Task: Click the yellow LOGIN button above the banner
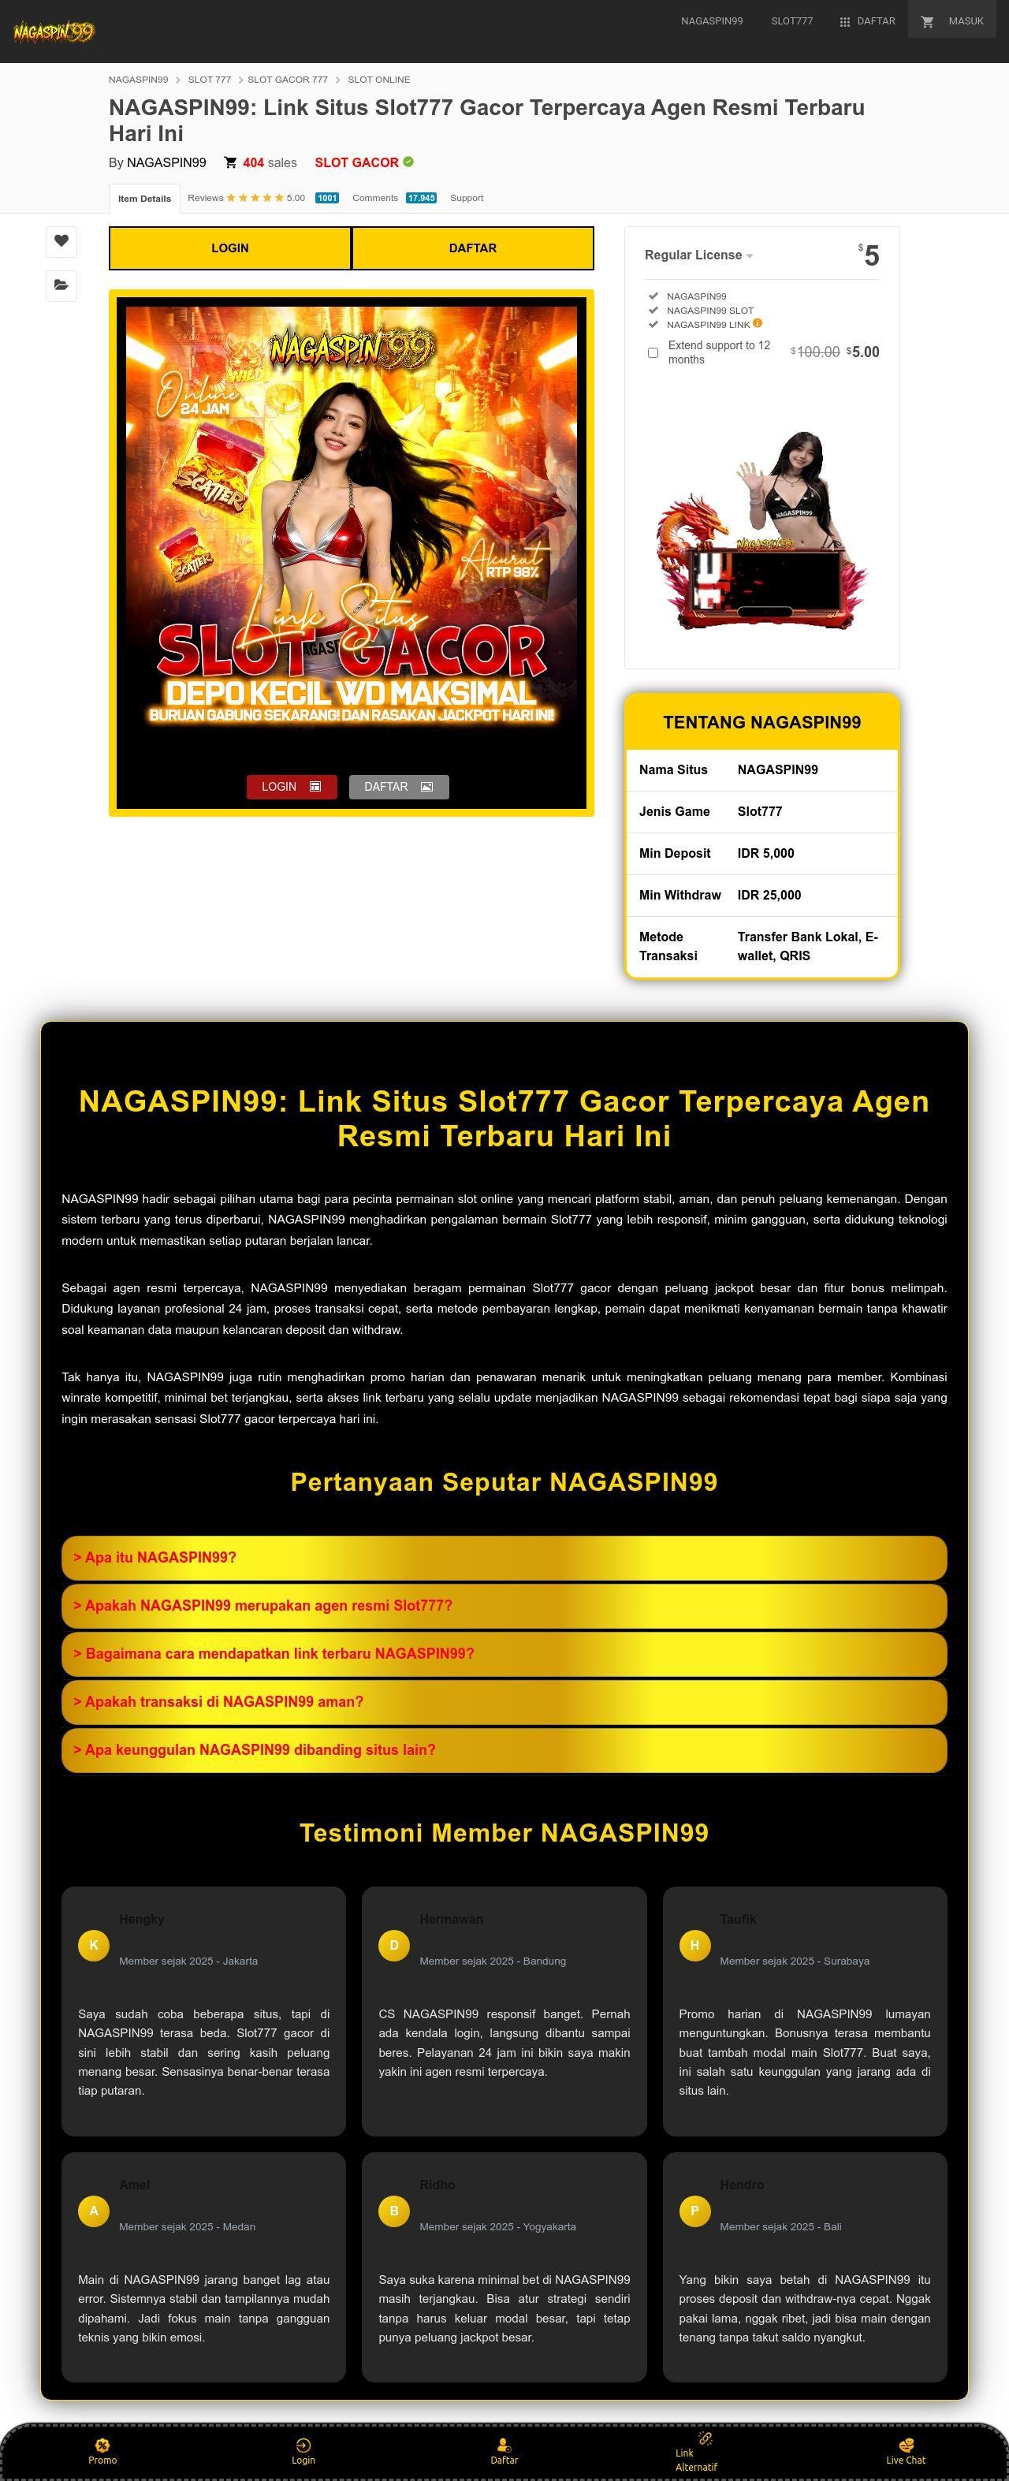tap(230, 248)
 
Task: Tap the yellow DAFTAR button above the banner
tap(473, 248)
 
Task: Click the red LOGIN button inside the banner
tap(291, 787)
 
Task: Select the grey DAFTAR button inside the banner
tap(399, 787)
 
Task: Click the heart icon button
tap(61, 240)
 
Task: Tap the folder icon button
tap(61, 285)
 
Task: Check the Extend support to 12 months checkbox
tap(653, 352)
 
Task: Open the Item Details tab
tap(144, 199)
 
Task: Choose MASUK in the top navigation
tap(953, 21)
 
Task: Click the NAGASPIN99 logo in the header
tap(54, 32)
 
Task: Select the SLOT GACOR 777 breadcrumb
tap(287, 80)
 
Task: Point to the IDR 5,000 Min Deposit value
tap(765, 853)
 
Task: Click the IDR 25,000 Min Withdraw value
tap(769, 895)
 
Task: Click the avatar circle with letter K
tap(93, 1945)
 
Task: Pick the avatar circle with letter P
tap(694, 2211)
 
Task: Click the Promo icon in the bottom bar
tap(102, 2445)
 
